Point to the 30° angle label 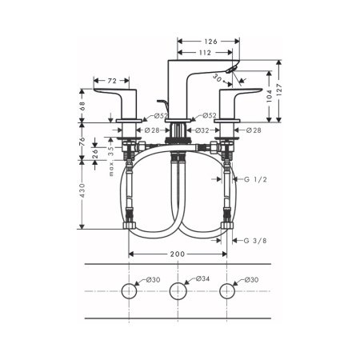[219, 79]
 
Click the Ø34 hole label [202, 279]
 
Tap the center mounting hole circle [178, 293]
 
